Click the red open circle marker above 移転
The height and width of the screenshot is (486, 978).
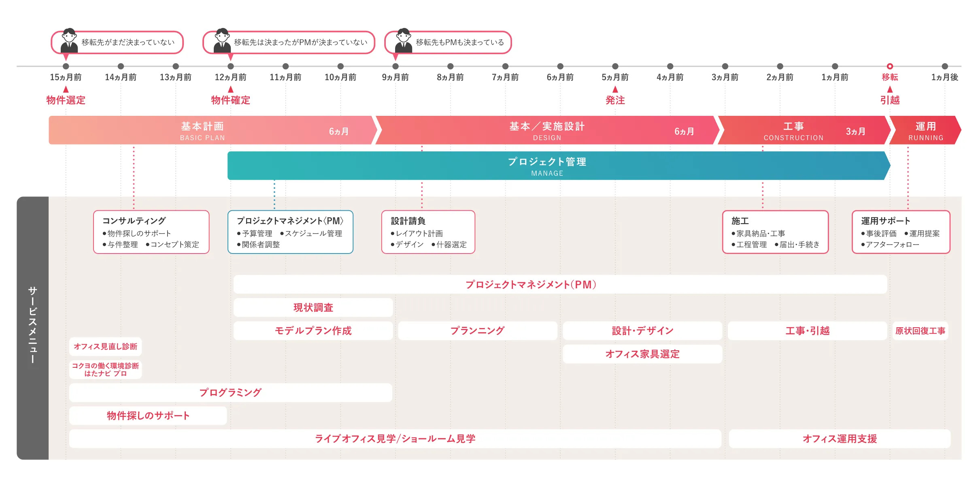(890, 66)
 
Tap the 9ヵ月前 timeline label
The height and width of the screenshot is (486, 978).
(395, 77)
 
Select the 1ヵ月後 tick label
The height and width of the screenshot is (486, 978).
(944, 77)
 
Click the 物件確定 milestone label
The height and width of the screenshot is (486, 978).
(230, 100)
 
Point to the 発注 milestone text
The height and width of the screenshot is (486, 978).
(615, 100)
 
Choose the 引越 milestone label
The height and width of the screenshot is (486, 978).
(890, 100)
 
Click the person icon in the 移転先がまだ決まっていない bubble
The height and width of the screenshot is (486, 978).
(69, 41)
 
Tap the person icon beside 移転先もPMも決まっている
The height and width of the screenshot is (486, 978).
(404, 41)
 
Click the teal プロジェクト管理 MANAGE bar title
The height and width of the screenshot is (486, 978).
(547, 162)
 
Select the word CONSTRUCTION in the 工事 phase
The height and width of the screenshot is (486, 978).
(793, 138)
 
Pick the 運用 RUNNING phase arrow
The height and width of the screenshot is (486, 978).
(925, 130)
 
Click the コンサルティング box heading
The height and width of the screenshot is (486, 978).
(134, 221)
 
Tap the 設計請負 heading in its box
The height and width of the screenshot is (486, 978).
(408, 221)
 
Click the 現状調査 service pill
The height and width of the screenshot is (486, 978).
(313, 308)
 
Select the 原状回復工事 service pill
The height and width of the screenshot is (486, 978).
(920, 331)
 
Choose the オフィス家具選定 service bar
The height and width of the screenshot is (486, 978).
(642, 354)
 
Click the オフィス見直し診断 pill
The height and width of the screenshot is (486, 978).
(105, 347)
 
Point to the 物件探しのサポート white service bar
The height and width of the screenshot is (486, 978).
(148, 416)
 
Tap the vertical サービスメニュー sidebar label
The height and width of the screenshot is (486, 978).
(32, 324)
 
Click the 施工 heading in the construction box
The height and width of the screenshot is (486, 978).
(740, 221)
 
